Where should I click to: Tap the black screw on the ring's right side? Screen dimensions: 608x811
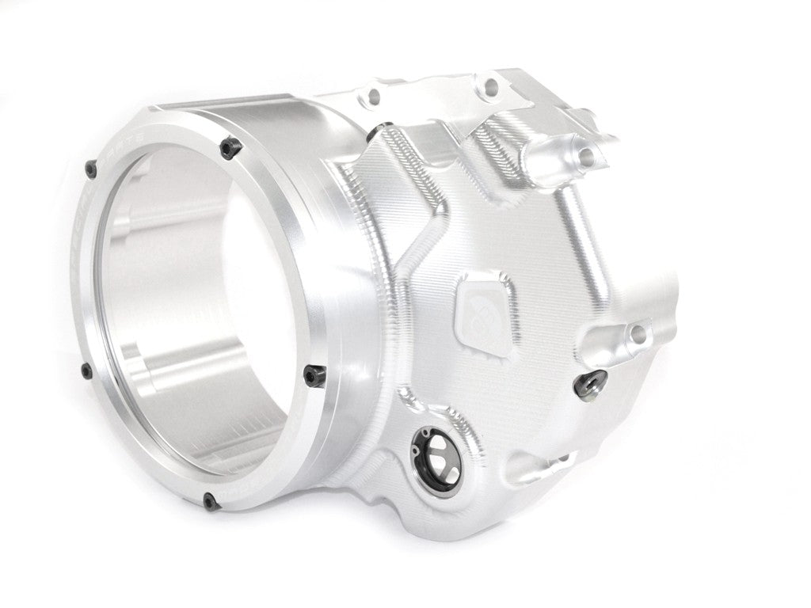point(314,373)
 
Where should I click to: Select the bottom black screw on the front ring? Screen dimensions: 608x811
point(208,500)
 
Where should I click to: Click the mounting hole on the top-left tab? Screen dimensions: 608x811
point(372,97)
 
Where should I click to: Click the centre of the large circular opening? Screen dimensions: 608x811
point(198,317)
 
